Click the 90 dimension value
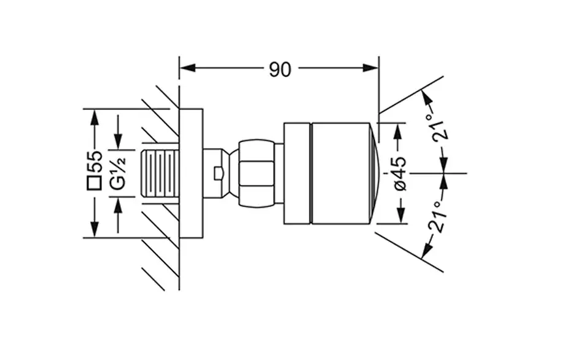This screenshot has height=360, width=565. tap(279, 69)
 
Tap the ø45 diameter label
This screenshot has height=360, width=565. tap(400, 174)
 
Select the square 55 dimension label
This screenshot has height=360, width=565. tap(95, 173)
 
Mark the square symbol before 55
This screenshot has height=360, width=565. tap(95, 182)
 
